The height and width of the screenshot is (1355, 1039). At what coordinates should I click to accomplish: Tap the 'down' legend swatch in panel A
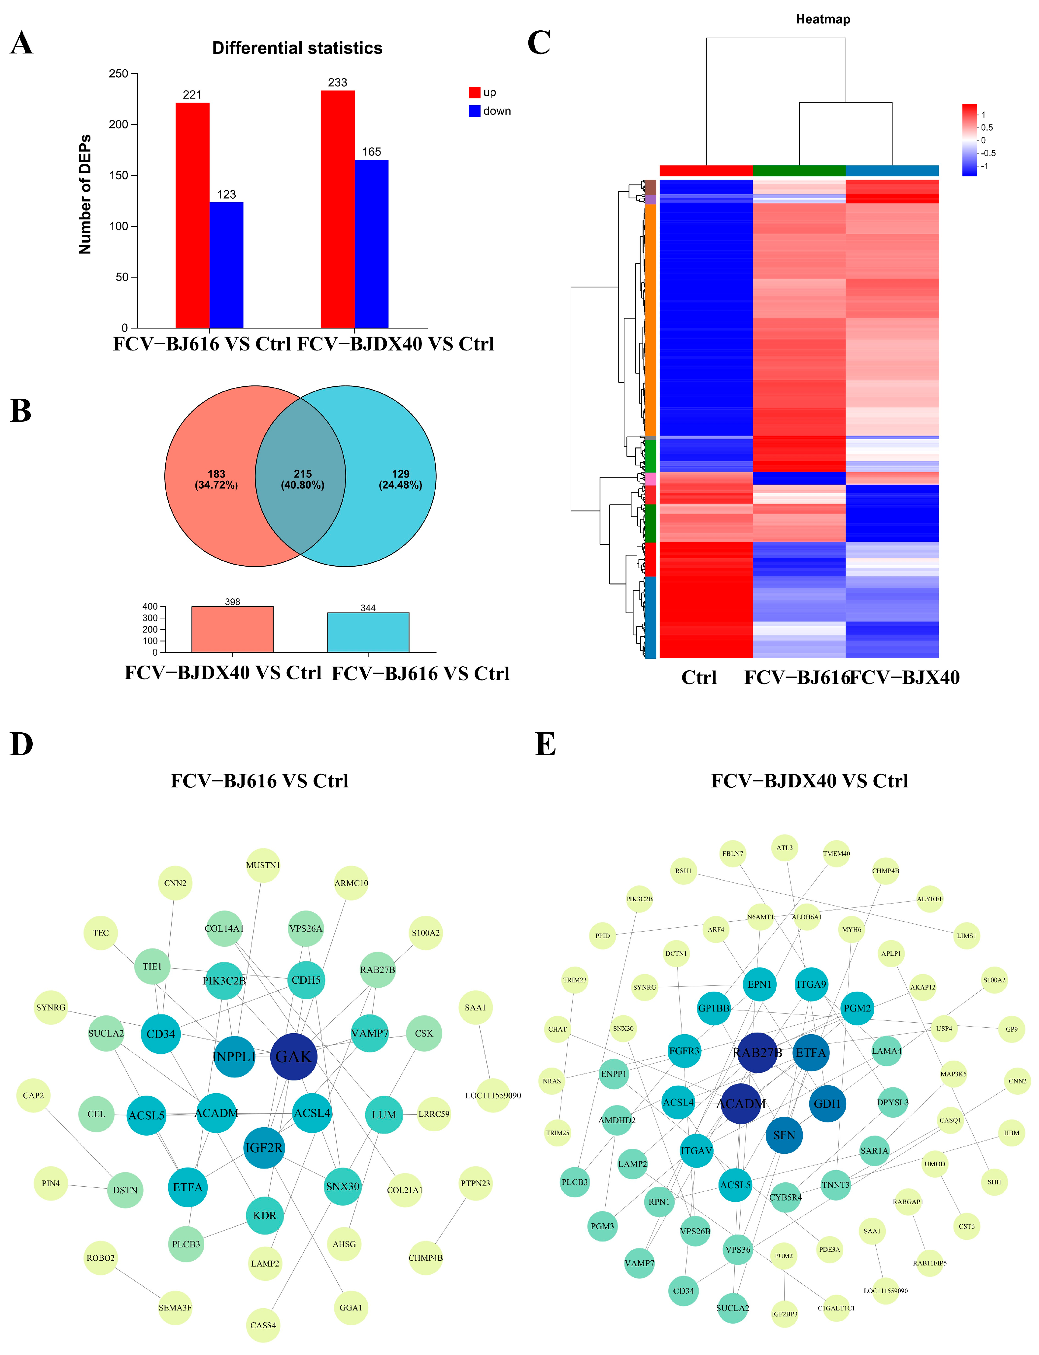click(474, 111)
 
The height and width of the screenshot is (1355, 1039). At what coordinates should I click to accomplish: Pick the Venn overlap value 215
click(302, 474)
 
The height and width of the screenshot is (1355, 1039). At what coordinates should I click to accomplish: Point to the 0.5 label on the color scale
click(987, 127)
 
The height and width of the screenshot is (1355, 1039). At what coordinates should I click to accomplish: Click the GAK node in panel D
click(294, 1056)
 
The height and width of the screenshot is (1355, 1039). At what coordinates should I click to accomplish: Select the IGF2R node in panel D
click(264, 1148)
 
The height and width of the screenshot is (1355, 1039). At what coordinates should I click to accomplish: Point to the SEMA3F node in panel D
click(175, 1307)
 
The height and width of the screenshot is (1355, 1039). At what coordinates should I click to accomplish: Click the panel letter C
click(539, 43)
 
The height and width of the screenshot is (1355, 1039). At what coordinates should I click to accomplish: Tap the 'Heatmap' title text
click(822, 19)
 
